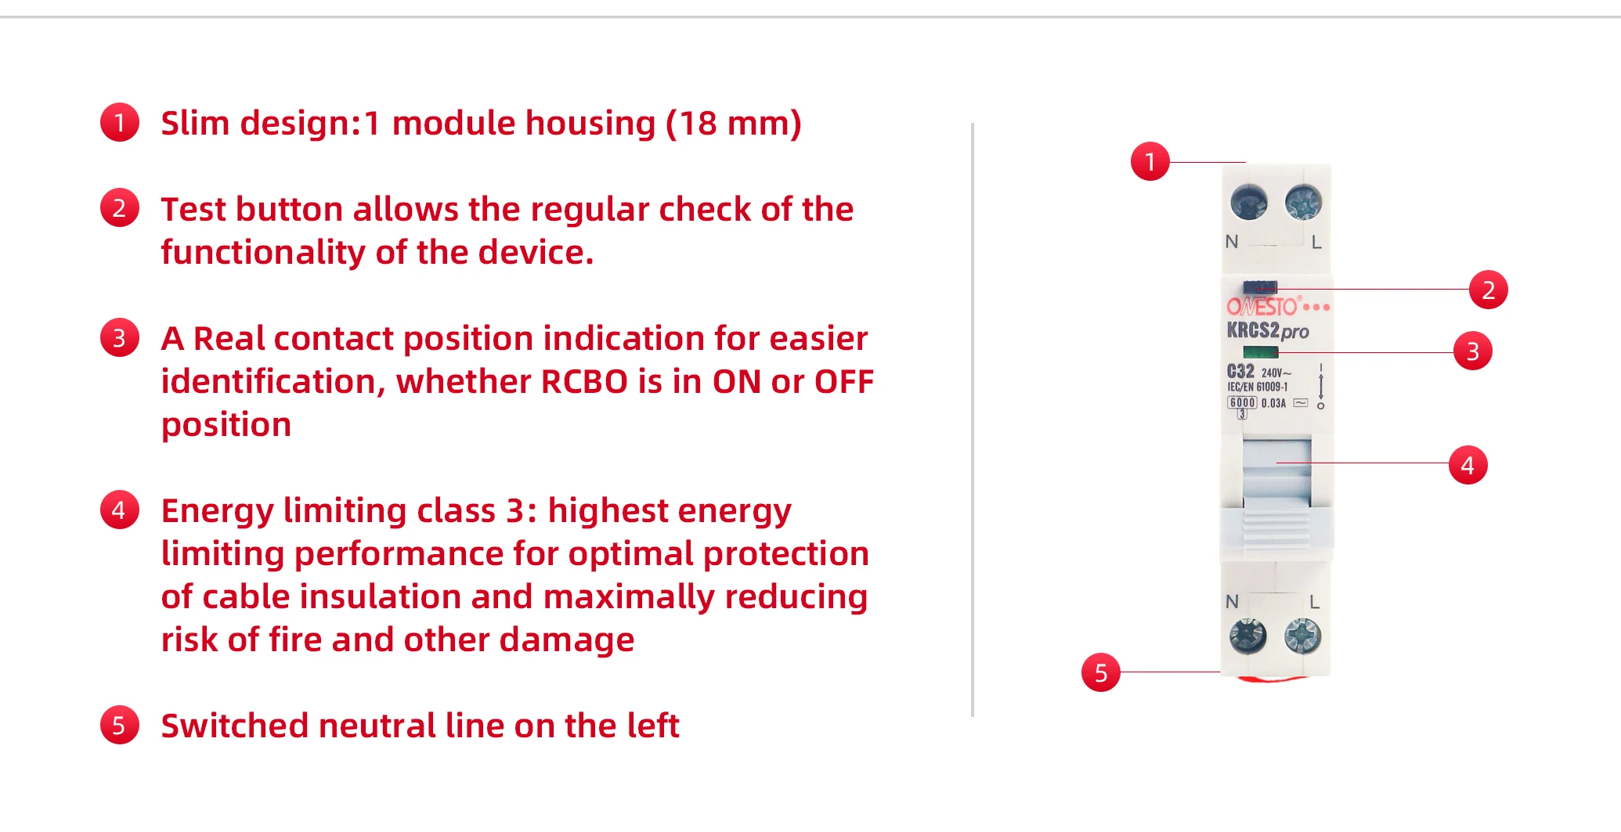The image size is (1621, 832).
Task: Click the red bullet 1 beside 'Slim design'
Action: (x=120, y=123)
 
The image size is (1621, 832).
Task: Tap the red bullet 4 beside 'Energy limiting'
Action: (x=120, y=510)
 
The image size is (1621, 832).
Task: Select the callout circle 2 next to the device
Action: (x=1488, y=290)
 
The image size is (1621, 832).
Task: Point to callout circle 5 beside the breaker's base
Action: (x=1100, y=672)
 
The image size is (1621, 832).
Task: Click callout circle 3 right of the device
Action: (x=1472, y=351)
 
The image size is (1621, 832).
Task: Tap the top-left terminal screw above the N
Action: (x=1248, y=202)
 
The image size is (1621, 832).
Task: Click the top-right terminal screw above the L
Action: (x=1303, y=202)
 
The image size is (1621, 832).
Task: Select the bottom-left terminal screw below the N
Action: (x=1247, y=636)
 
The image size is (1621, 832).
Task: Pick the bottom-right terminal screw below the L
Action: (x=1302, y=636)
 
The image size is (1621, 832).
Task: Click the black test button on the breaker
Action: (x=1260, y=287)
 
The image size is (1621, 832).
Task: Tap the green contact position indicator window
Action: (x=1260, y=352)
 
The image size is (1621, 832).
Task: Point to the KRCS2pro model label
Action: (x=1267, y=330)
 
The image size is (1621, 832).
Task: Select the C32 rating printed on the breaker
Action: (x=1240, y=371)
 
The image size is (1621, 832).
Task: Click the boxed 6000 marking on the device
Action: (x=1242, y=403)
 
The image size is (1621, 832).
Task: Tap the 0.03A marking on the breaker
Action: (x=1273, y=403)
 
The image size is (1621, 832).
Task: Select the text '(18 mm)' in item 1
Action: (x=733, y=124)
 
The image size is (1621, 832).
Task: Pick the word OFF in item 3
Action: (x=843, y=382)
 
